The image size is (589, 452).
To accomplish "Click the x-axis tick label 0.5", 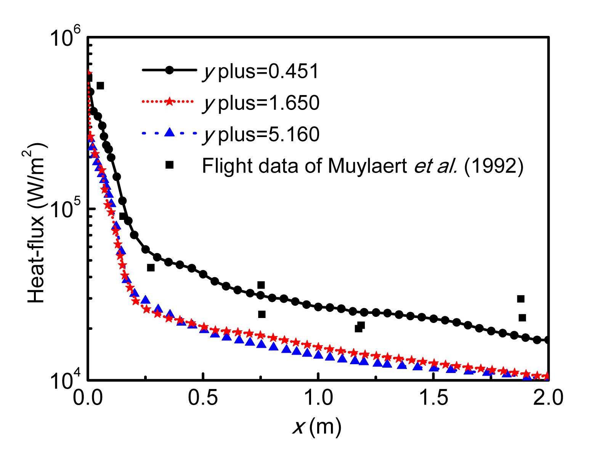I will pos(203,399).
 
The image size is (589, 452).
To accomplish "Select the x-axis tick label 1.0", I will pos(318,399).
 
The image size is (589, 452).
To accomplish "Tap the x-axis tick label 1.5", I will pos(433,399).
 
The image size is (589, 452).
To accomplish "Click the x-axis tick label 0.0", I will pos(88,399).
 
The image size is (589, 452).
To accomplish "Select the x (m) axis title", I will pos(316,428).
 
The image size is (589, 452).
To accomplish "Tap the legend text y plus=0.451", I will pos(260,71).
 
